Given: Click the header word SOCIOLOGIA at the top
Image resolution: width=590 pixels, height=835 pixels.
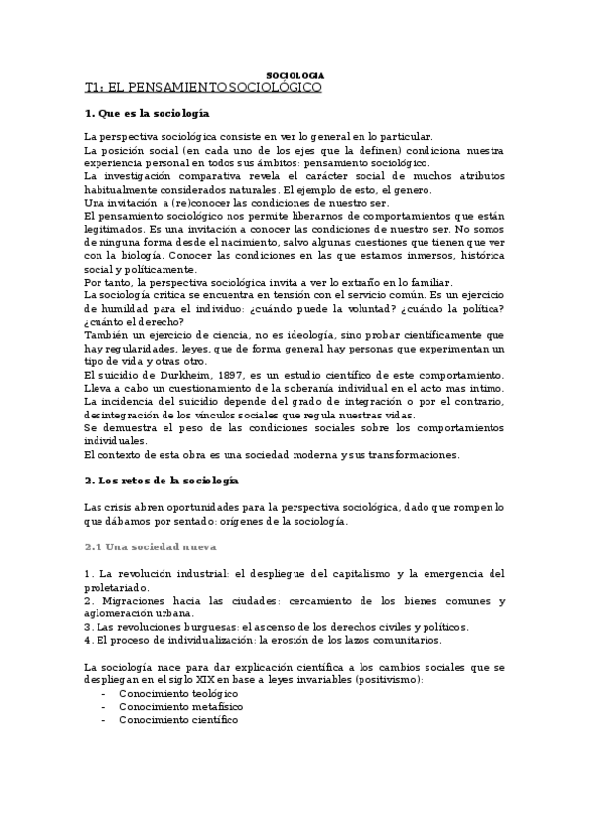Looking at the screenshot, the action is coord(295,76).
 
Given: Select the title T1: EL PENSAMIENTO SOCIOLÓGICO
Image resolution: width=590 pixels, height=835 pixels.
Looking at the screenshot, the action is coord(204,88).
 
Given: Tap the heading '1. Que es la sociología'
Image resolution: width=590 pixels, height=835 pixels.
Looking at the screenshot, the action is coord(162,115).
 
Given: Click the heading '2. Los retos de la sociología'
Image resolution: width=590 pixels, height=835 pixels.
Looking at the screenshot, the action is coord(163,480).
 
